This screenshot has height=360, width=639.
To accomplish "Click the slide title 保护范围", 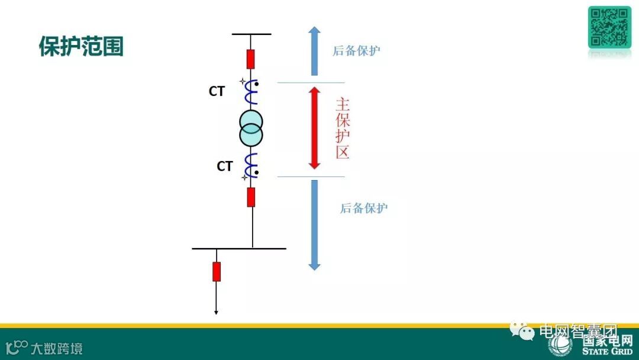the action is [x=81, y=46].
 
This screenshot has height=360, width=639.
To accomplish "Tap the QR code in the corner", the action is [x=609, y=27].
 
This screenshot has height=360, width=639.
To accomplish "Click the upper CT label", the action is [x=217, y=92].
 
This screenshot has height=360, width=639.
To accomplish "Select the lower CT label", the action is [x=224, y=167].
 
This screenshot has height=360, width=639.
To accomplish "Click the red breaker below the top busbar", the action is [x=251, y=59].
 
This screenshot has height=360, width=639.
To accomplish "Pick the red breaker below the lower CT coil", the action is [x=251, y=197].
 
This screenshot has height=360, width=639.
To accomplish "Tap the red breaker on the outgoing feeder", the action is [x=217, y=271].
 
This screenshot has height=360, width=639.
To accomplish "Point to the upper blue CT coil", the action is [x=251, y=92].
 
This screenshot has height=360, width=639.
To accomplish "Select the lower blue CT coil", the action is [x=251, y=164].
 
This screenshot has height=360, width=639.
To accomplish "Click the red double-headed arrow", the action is [x=315, y=128].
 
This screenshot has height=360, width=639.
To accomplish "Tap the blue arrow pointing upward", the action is [x=315, y=51].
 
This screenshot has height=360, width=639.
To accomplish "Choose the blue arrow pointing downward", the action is [x=315, y=225].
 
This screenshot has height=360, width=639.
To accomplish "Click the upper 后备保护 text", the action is [x=356, y=51].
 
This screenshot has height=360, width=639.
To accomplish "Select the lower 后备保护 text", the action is [x=364, y=208].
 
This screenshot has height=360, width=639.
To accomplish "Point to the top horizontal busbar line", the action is [x=251, y=34].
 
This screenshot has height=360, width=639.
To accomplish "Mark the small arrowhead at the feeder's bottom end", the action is [x=216, y=312].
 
